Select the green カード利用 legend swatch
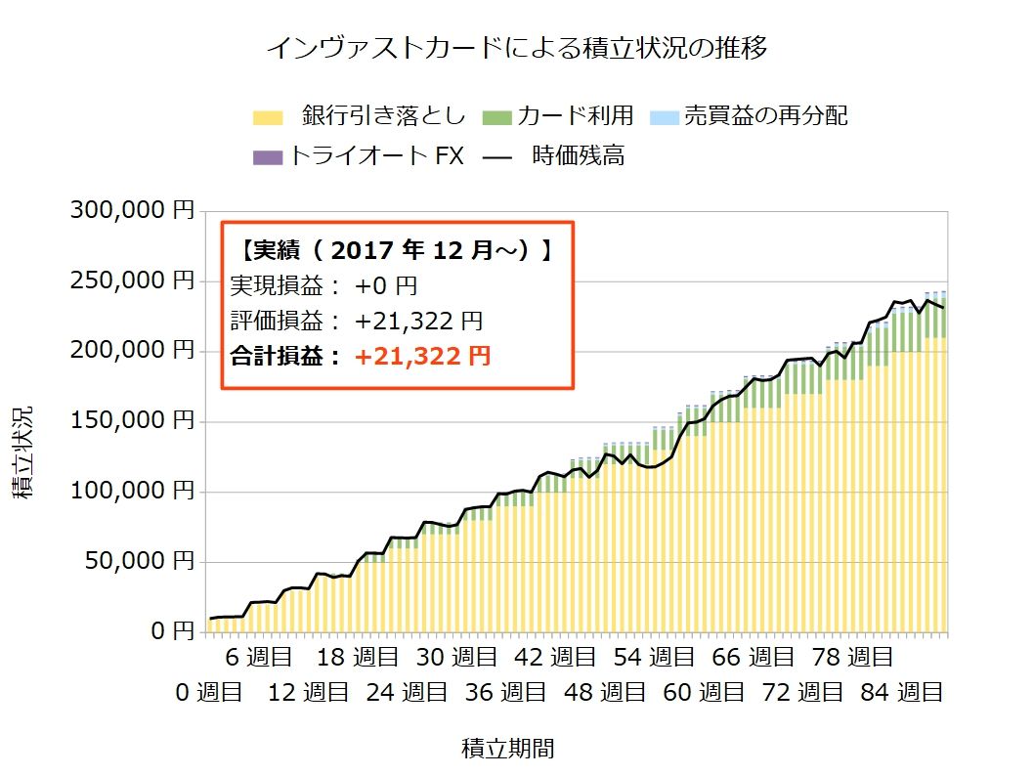click(x=497, y=117)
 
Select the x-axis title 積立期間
click(x=508, y=749)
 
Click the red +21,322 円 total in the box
click(x=422, y=357)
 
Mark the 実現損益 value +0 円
click(x=388, y=286)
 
